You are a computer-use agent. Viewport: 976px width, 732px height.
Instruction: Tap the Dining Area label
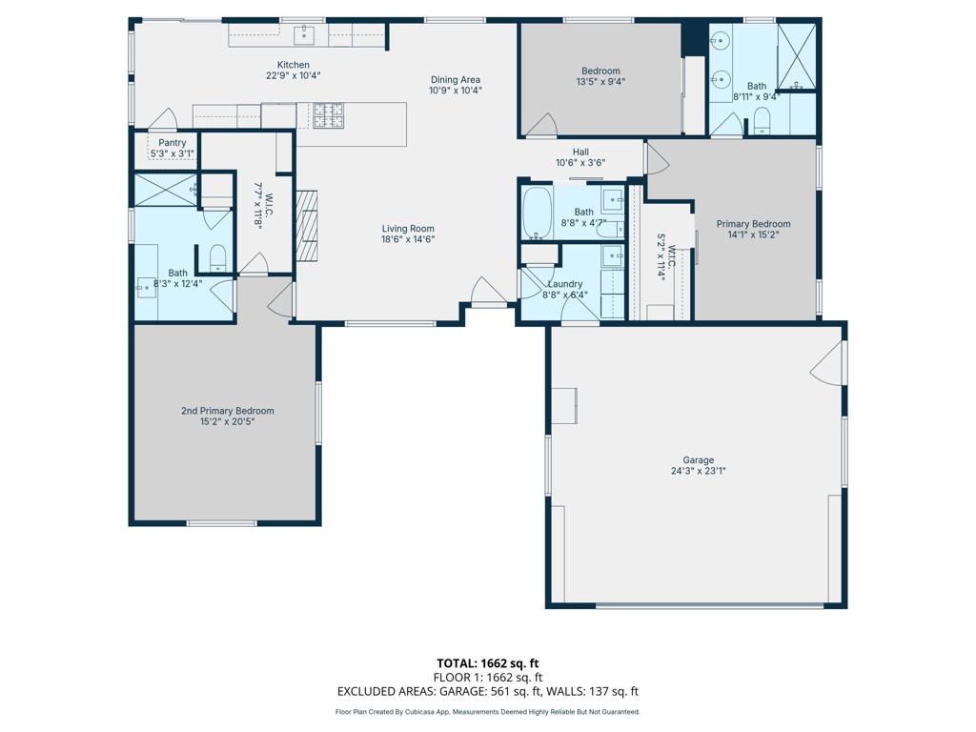[456, 80]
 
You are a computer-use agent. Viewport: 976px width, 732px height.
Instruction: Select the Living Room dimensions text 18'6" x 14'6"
[408, 240]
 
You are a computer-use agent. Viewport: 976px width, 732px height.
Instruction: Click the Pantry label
[173, 143]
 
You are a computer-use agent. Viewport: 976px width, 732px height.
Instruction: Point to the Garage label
[698, 460]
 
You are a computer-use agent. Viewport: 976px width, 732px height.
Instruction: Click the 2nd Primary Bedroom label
[228, 411]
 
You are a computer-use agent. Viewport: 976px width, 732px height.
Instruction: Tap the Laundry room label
[565, 284]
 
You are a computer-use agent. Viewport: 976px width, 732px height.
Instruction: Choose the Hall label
[580, 152]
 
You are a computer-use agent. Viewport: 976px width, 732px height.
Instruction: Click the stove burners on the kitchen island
[329, 116]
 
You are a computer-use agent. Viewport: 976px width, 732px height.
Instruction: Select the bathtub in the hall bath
[537, 213]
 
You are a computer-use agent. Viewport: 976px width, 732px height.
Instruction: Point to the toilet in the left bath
[217, 257]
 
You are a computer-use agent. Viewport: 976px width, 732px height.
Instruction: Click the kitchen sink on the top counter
[305, 37]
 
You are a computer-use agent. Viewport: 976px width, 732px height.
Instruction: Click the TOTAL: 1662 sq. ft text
[487, 662]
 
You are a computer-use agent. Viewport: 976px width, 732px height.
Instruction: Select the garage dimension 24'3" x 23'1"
[698, 471]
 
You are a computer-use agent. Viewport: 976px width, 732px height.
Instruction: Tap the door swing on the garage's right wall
[828, 363]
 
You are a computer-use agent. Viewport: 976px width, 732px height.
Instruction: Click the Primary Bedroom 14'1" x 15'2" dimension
[753, 234]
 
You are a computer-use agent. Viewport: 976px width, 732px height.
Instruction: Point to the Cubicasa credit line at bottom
[487, 712]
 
